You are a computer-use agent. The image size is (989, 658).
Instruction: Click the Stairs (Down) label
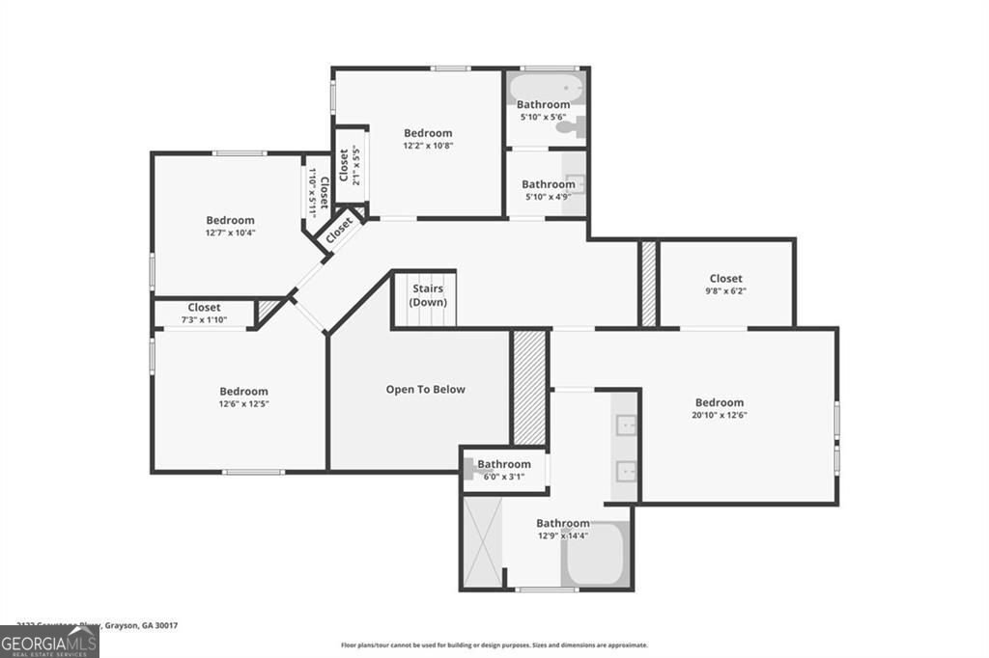pos(428,295)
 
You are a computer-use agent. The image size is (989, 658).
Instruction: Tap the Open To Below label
pos(425,390)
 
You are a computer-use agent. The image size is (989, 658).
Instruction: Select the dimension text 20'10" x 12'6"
pos(720,415)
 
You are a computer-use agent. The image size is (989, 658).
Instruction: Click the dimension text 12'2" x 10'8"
pos(427,146)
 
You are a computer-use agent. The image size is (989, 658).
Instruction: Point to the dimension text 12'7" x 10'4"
pos(230,233)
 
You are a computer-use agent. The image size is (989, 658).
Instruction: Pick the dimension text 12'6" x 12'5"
pos(243,404)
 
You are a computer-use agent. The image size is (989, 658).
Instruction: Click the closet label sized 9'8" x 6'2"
pos(725,279)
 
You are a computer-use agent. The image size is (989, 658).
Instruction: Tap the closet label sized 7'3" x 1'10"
pos(204,308)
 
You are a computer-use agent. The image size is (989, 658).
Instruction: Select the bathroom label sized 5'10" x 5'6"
pos(543,104)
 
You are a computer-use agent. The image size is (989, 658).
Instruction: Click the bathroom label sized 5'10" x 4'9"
pos(549,184)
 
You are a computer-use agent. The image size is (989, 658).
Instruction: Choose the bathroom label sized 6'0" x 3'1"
pos(503,464)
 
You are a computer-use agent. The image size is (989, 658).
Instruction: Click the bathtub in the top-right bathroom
pos(546,89)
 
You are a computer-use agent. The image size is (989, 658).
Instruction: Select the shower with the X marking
pos(483,541)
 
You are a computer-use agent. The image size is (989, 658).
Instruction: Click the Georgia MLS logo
pos(49,642)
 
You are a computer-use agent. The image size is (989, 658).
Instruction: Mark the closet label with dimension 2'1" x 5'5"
pos(343,166)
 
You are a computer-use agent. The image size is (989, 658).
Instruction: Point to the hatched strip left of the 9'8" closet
pos(648,284)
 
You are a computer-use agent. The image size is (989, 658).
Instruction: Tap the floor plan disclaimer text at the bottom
pos(494,645)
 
